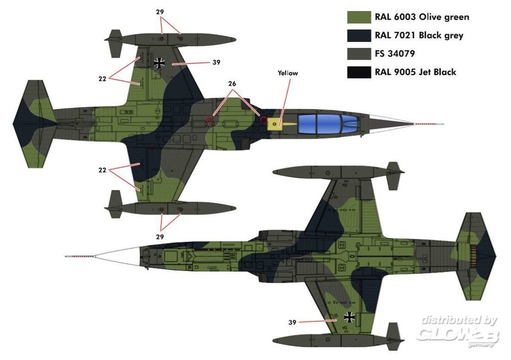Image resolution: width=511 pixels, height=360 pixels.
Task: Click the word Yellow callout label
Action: [x=288, y=73]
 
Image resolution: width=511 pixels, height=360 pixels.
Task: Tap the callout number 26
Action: [x=233, y=83]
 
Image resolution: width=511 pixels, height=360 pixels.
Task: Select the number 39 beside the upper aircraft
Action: [x=216, y=62]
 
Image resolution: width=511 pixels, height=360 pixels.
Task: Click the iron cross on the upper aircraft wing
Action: [x=160, y=63]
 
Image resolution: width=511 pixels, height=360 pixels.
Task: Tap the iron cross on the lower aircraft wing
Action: [x=350, y=317]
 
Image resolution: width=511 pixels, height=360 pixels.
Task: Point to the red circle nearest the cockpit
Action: [x=263, y=121]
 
